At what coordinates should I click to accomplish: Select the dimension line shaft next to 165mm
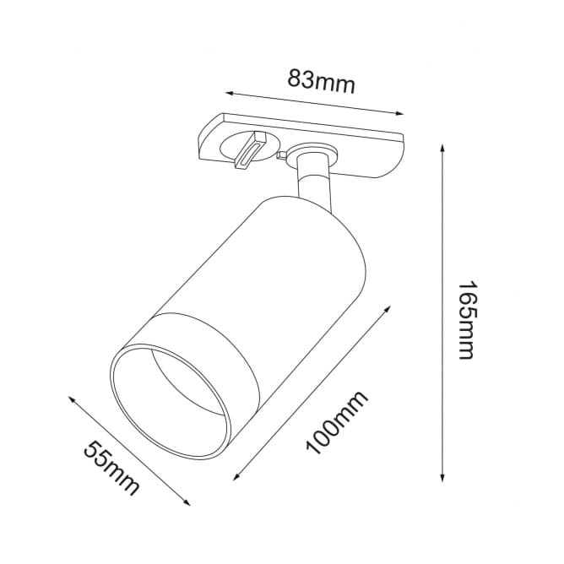pyautogui.click(x=443, y=253)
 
